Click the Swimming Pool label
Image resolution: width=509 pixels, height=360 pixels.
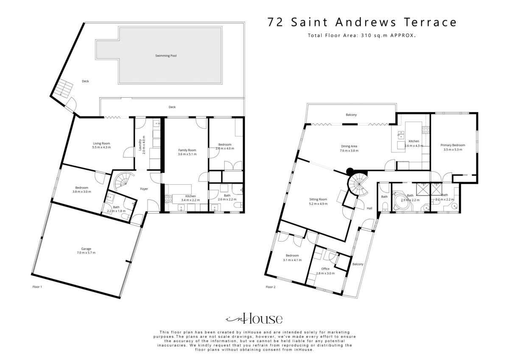(x=166, y=56)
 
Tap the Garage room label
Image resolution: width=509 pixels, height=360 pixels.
(x=86, y=249)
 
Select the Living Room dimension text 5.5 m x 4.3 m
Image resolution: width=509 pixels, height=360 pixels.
(x=101, y=147)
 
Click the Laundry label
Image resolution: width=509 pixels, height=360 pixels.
(x=140, y=145)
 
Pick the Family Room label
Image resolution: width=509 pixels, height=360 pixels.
(x=187, y=150)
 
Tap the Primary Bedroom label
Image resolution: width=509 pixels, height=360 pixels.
(x=453, y=145)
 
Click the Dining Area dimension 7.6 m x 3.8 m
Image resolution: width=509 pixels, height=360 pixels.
(x=349, y=151)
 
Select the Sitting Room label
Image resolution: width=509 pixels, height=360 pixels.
(x=318, y=200)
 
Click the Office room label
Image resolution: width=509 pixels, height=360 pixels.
(x=325, y=269)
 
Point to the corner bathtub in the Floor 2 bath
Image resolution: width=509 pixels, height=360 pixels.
(x=401, y=200)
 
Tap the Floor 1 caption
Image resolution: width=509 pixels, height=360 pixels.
(x=37, y=287)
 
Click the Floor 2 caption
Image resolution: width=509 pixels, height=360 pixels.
(x=271, y=287)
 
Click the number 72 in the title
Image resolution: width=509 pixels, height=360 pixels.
(x=275, y=22)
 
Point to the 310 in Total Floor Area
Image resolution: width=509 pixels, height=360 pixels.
(x=366, y=36)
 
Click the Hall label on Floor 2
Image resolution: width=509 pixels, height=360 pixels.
(x=369, y=208)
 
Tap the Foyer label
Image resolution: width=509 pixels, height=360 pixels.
(x=144, y=189)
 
